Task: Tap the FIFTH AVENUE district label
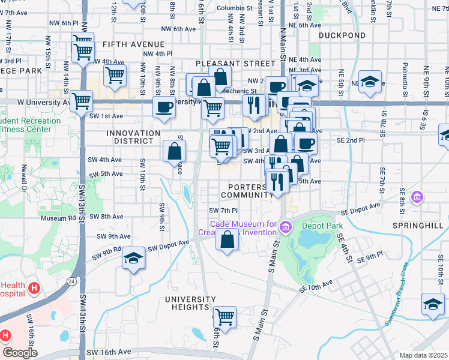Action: (133, 45)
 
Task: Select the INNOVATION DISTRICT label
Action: (133, 137)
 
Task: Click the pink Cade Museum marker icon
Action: (285, 226)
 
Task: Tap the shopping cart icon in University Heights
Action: (224, 316)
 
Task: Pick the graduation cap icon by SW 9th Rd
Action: (134, 258)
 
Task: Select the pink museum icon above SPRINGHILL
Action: (417, 197)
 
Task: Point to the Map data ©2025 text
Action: (424, 355)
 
